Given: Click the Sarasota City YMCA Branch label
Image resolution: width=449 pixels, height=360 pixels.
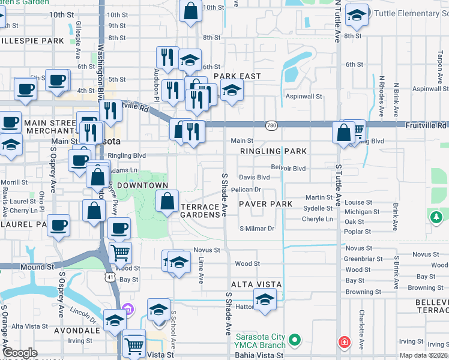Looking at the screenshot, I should (x=257, y=336).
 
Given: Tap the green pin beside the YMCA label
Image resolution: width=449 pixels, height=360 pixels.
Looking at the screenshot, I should (x=294, y=341).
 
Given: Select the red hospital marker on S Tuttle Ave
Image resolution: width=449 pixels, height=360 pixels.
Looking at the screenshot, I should (x=344, y=342).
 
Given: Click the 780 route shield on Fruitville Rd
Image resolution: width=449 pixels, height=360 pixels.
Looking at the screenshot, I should (x=273, y=125).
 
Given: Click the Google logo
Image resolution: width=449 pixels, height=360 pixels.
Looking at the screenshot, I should (x=20, y=353).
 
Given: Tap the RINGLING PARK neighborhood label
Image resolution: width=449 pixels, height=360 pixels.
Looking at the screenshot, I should (x=274, y=151).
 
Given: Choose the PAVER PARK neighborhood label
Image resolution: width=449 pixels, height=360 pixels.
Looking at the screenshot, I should (x=265, y=204).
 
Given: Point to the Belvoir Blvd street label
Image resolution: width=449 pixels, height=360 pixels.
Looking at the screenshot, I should (x=288, y=168).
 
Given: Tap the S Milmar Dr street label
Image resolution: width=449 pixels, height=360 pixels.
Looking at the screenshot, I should (x=257, y=228).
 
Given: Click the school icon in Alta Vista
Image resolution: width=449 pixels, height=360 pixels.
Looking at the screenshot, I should (x=264, y=299).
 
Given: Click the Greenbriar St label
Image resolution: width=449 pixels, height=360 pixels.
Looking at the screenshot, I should (x=360, y=259).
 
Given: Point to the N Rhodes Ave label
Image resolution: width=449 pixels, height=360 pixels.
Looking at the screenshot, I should (x=381, y=87).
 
